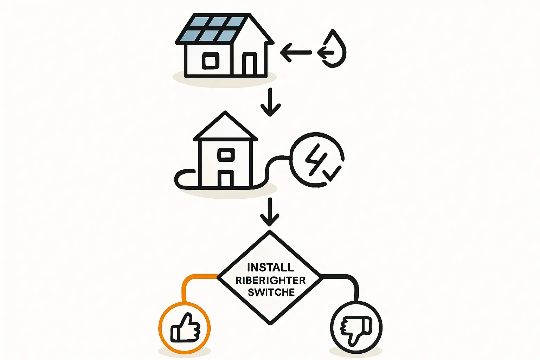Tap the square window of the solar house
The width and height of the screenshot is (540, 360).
coord(211,61)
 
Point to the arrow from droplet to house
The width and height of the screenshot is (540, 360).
coord(296,53)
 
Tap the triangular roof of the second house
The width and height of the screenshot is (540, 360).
coord(225,127)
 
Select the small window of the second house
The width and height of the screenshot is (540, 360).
coord(226,154)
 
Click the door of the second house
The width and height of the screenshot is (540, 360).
coord(225,179)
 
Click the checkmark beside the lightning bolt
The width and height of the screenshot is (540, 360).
coord(332,173)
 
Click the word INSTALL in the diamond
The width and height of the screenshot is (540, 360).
coord(270,268)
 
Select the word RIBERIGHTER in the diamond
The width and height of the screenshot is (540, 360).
coord(270,280)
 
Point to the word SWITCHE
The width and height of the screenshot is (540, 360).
coord(271,292)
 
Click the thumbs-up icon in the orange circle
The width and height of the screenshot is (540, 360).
coord(185,329)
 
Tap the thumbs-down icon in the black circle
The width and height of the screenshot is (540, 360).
coord(356,329)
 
